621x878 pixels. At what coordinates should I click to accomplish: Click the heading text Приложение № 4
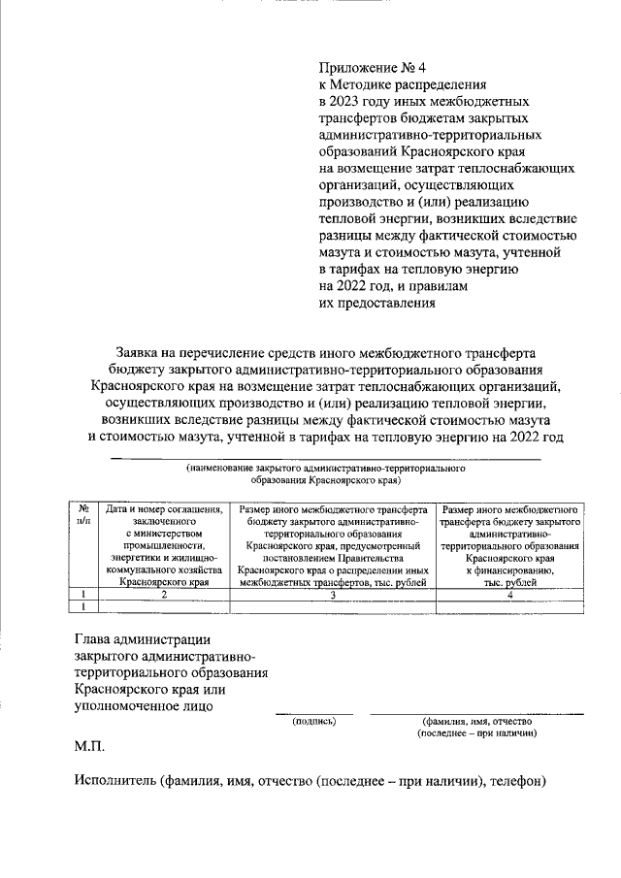click(373, 67)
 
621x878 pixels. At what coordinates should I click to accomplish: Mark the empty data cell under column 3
click(333, 606)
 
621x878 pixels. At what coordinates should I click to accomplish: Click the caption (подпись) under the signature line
click(313, 722)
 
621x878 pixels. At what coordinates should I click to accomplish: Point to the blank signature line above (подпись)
click(313, 713)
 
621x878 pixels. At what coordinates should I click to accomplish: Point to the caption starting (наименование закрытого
click(325, 469)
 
